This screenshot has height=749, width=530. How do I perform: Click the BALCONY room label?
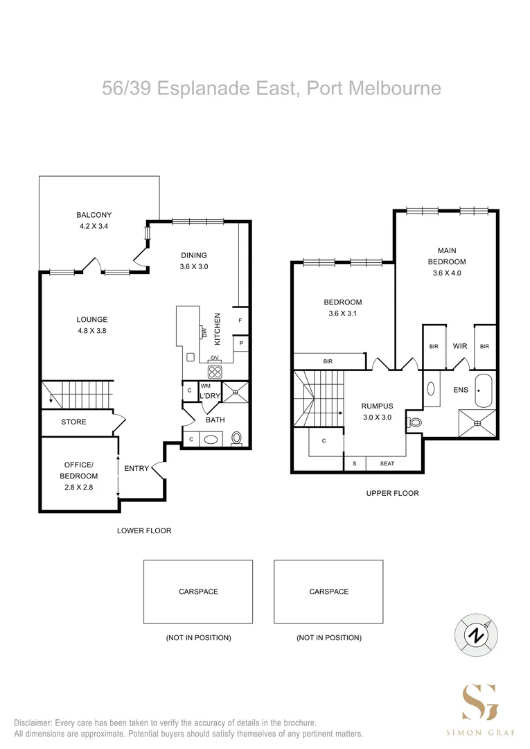point(94,215)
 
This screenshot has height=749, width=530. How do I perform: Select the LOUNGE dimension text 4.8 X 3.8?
point(92,331)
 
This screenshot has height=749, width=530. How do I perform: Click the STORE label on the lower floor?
point(73,422)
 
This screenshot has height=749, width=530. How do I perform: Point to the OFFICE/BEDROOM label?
point(81,470)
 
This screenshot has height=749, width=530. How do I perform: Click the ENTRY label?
point(136,468)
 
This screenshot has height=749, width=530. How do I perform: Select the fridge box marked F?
point(240,320)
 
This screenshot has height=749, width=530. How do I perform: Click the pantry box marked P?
point(240,343)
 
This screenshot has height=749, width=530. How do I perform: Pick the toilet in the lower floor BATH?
point(237,438)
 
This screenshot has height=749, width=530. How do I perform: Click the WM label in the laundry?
point(206,386)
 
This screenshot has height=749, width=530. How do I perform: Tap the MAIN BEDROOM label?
point(446,256)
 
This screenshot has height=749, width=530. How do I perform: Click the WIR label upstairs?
point(459,345)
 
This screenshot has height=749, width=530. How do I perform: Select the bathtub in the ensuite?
point(482,390)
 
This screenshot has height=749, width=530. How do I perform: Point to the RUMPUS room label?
point(377,406)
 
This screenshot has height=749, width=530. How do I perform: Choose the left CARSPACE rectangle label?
point(198,592)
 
